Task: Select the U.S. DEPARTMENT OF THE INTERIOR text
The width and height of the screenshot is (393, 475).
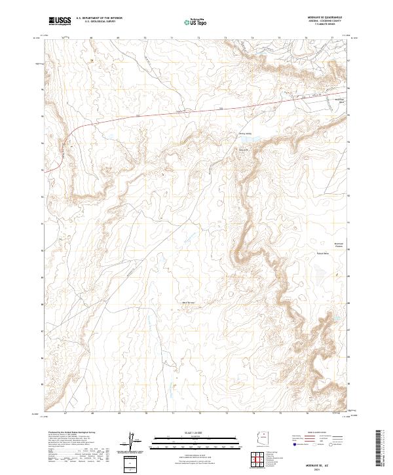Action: pos(99,18)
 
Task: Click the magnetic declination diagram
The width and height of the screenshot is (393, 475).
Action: pos(131,440)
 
